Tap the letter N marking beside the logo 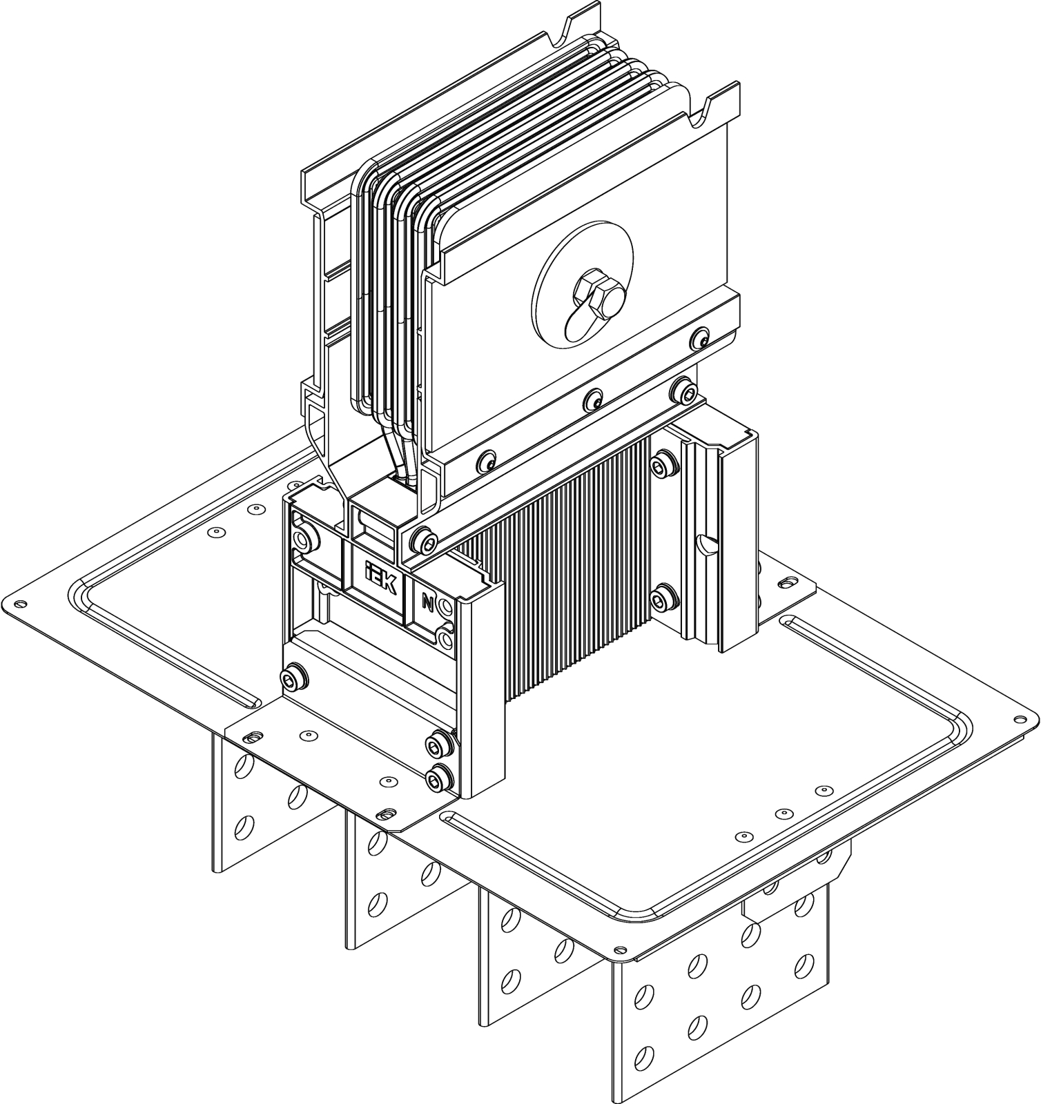(427, 603)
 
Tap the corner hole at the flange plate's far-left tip (20, 605)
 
